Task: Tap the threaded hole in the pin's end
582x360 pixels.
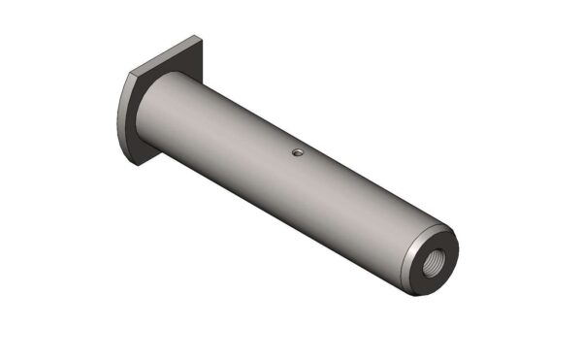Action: (434, 262)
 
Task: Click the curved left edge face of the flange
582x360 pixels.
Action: (124, 116)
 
